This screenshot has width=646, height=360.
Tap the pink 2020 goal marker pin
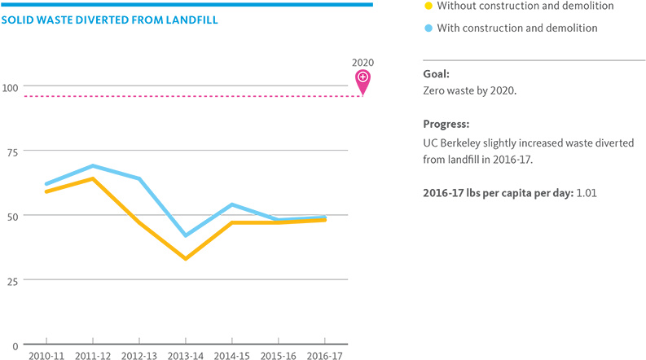click(x=363, y=80)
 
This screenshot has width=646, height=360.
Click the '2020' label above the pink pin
click(x=363, y=62)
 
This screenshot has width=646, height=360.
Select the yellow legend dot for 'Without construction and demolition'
click(x=428, y=7)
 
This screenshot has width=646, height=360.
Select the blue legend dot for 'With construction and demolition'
click(x=428, y=29)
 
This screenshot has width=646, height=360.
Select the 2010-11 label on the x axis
click(x=46, y=355)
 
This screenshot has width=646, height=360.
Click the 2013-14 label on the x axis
click(x=186, y=355)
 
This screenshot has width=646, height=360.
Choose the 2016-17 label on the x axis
click(x=325, y=355)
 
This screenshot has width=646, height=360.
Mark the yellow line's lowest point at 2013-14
click(x=186, y=259)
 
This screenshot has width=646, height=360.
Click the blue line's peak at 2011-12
click(x=93, y=166)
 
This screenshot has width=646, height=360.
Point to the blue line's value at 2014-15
click(x=232, y=204)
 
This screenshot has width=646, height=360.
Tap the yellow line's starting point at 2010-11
click(x=46, y=191)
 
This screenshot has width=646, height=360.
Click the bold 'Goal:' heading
click(x=436, y=74)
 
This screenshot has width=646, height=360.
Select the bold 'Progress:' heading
click(x=446, y=125)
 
